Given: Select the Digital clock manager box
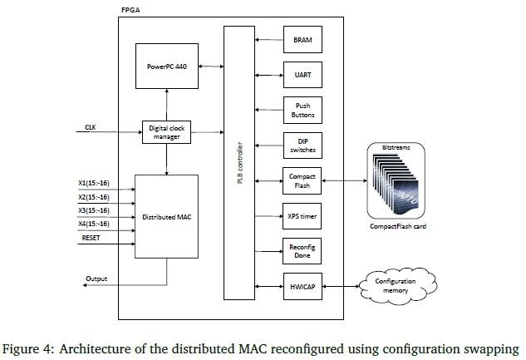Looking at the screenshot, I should pos(167,132).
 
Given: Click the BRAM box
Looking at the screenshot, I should pos(302,40).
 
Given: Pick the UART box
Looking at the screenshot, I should pos(302,74).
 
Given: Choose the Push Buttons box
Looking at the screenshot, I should pos(302,111).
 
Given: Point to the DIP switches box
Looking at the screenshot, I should pos(302,145).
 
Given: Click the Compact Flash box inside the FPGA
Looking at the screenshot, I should pos(302,180).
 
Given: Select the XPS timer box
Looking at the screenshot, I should pos(302,215).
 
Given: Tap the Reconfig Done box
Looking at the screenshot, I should pos(302,250).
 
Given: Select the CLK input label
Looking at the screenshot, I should pos(91,127).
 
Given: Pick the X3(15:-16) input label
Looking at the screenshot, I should pos(98,212).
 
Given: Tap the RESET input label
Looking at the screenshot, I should pos(92,239).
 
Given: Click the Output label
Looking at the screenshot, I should pos(96,279).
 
